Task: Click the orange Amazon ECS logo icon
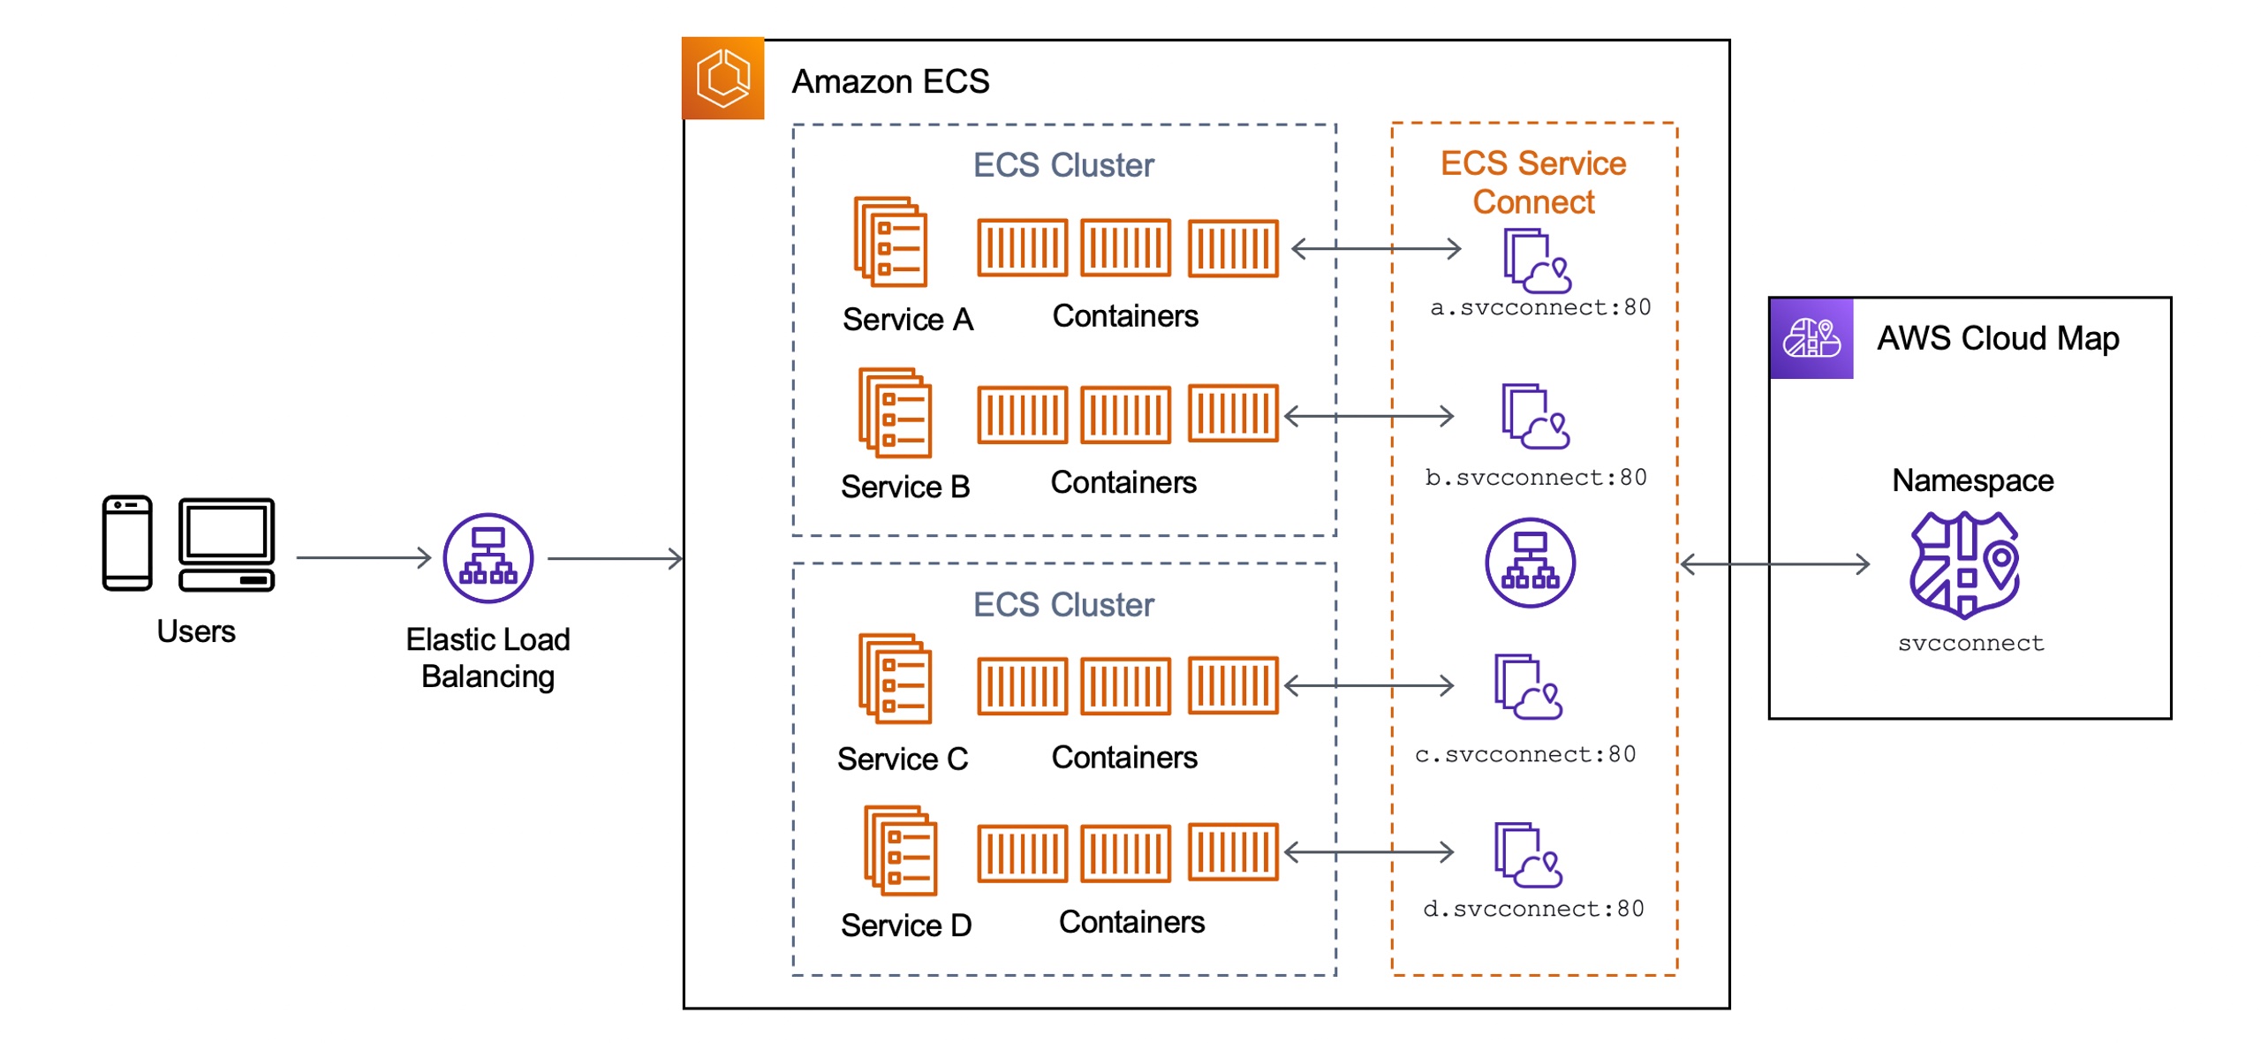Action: pos(722,78)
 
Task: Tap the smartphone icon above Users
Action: pos(127,542)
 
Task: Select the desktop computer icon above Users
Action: pos(226,543)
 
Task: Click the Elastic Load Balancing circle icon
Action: pos(487,557)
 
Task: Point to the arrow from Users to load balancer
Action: pos(362,557)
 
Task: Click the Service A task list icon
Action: pos(889,241)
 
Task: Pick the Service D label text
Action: pos(905,925)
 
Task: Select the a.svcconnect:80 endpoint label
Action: pos(1539,307)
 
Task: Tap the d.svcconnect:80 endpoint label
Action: pos(1532,909)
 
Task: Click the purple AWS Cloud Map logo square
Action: pos(1810,337)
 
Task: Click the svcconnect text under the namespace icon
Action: pos(1970,643)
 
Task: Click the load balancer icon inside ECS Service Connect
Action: pos(1529,563)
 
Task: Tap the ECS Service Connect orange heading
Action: pos(1532,182)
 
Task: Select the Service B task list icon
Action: pos(894,412)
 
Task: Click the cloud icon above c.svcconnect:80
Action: pos(1528,686)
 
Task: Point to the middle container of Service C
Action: pos(1124,685)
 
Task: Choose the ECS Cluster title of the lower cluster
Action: pos(1062,605)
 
